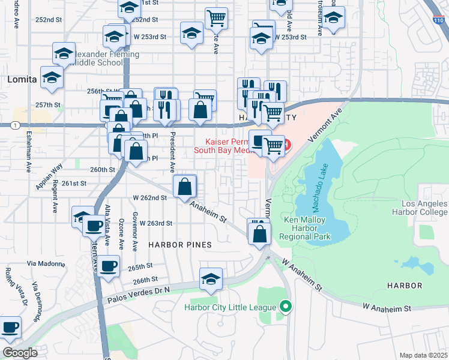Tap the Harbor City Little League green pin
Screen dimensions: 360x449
click(x=286, y=307)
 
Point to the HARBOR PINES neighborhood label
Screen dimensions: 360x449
click(x=180, y=245)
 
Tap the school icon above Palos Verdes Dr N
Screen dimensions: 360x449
click(x=211, y=280)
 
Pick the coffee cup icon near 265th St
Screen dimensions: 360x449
click(x=109, y=266)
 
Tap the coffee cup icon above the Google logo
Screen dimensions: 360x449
click(x=9, y=328)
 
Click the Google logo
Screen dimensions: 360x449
click(x=20, y=353)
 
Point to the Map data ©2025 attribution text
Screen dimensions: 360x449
click(x=424, y=355)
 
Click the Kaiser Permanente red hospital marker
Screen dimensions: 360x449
click(x=286, y=145)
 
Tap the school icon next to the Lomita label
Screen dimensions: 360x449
click(x=52, y=78)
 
